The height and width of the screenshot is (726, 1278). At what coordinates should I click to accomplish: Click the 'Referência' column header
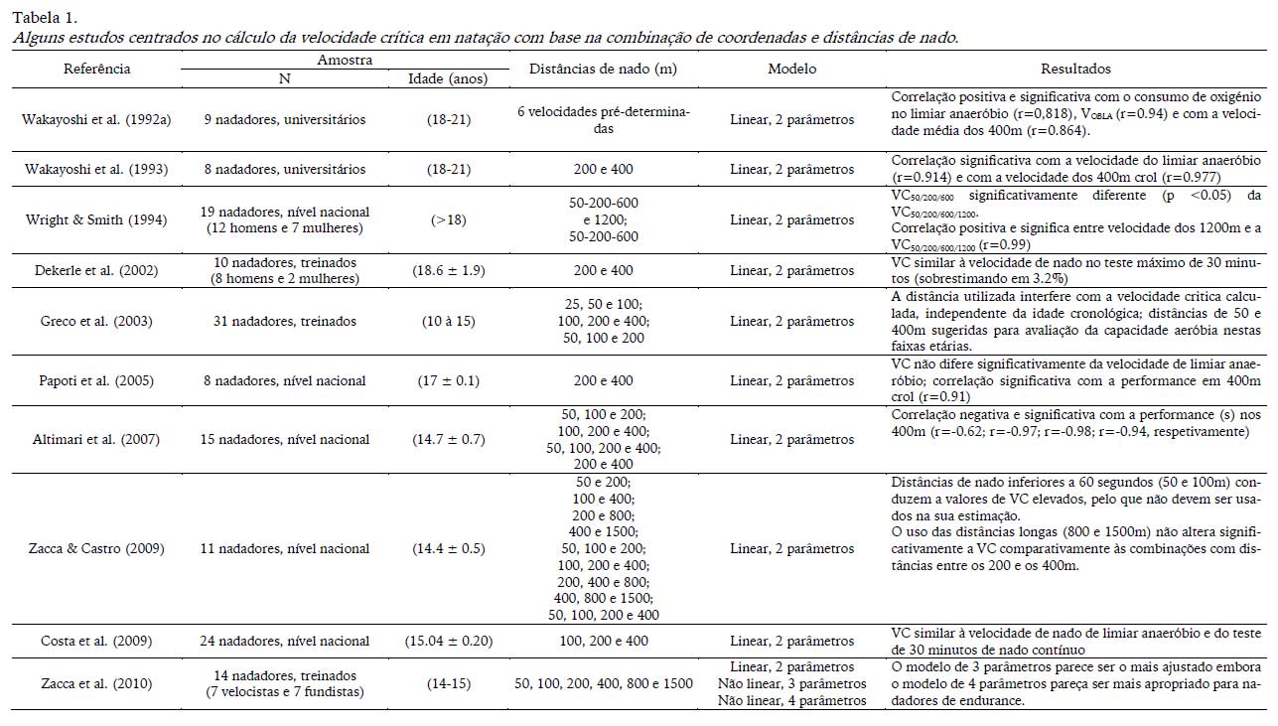(x=97, y=69)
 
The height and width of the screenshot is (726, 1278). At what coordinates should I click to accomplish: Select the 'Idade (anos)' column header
(x=449, y=79)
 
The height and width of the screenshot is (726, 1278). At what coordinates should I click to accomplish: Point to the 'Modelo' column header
(x=791, y=69)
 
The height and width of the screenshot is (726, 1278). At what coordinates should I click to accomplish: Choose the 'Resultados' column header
(x=1075, y=69)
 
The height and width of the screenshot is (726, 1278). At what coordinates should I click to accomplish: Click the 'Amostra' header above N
(x=345, y=61)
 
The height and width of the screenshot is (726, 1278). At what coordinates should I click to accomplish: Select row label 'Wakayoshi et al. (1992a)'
(x=97, y=120)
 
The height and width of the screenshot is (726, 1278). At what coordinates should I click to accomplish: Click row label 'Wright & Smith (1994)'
(x=97, y=219)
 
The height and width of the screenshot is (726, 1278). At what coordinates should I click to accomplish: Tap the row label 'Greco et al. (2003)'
(x=97, y=321)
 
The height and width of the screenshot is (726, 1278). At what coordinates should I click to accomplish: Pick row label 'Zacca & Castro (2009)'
(x=97, y=548)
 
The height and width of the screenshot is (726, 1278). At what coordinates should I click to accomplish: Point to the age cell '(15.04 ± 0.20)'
(x=449, y=641)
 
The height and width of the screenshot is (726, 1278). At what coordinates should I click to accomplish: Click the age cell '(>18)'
(x=449, y=219)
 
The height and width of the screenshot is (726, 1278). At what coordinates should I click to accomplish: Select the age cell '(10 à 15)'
(x=449, y=321)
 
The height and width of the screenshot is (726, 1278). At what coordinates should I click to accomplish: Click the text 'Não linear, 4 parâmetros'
(x=791, y=700)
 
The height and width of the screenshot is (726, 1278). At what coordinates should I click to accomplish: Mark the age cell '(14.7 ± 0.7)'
(x=449, y=439)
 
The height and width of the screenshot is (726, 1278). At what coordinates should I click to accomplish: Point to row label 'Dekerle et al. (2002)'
(x=97, y=270)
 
